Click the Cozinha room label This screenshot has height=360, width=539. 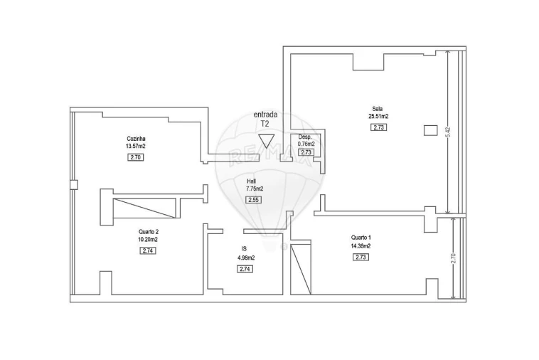(x=136, y=138)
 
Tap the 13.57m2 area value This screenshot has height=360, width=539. (x=136, y=147)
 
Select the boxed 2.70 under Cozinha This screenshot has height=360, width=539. (x=136, y=157)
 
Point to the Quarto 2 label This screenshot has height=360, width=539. (x=148, y=232)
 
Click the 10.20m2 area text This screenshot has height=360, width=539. (x=148, y=240)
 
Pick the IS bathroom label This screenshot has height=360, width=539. (x=244, y=248)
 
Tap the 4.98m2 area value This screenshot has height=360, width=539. (x=245, y=257)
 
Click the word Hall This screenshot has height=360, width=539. (x=252, y=181)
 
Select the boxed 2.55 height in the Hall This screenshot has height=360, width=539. (x=253, y=200)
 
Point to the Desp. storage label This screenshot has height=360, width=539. (x=305, y=137)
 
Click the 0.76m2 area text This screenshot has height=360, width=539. (x=306, y=144)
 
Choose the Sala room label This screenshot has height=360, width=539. (x=378, y=109)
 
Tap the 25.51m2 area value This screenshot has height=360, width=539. (x=378, y=117)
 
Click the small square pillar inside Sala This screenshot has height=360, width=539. (x=430, y=129)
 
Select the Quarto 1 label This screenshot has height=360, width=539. (x=361, y=238)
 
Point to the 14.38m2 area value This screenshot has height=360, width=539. (x=361, y=246)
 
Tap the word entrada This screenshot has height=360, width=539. (x=265, y=115)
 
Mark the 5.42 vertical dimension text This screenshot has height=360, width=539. (x=447, y=132)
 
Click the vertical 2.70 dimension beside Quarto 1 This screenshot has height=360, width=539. (x=454, y=259)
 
